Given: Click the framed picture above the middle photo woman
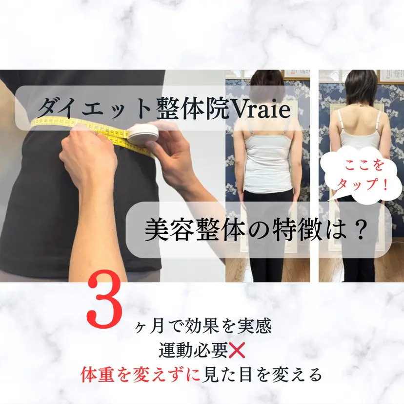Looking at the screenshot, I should click(x=297, y=74).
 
